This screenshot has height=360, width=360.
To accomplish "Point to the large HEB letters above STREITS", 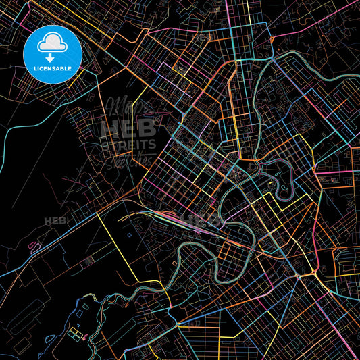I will [128, 129].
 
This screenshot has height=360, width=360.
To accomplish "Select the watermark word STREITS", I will [128, 144].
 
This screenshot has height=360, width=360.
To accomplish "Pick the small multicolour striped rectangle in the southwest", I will [81, 336].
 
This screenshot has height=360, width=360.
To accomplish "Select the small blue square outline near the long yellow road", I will [130, 236].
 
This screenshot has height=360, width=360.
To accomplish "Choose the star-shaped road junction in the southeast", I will [297, 277].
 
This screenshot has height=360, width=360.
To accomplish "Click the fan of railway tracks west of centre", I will [162, 216].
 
